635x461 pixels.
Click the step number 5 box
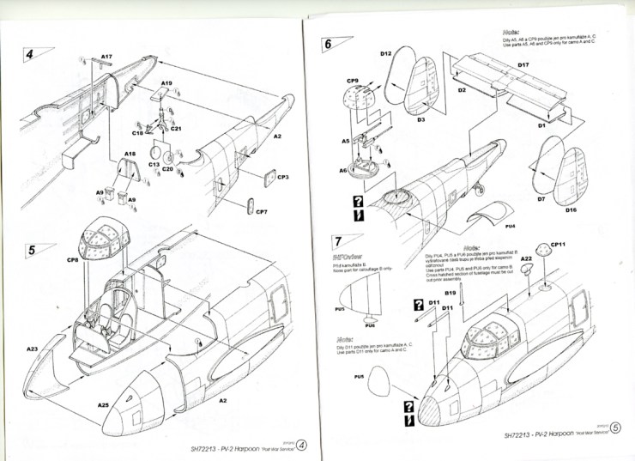click(x=30, y=250)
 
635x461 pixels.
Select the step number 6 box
click(x=328, y=45)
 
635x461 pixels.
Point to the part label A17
click(x=107, y=57)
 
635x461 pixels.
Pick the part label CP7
click(x=262, y=211)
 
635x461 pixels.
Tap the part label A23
click(x=32, y=349)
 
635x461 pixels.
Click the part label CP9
click(x=352, y=81)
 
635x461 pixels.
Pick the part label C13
click(x=154, y=163)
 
